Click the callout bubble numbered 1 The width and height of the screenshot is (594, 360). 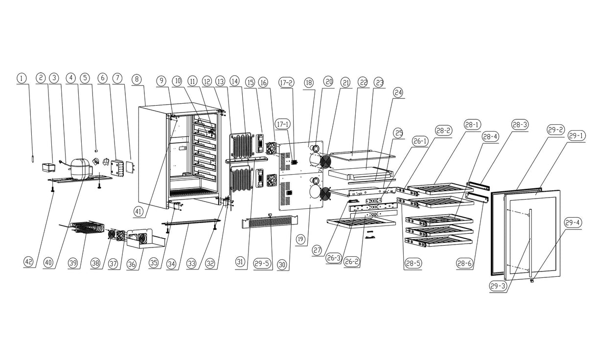(x=22, y=78)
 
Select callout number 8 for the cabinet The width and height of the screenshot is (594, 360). (x=137, y=79)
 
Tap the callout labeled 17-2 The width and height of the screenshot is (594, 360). (x=286, y=83)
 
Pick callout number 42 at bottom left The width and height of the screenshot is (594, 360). (x=29, y=262)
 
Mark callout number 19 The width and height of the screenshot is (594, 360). (x=300, y=240)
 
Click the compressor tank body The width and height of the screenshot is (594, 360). (x=80, y=168)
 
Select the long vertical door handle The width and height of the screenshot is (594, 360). (x=530, y=243)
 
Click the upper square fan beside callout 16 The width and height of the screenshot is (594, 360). (x=271, y=148)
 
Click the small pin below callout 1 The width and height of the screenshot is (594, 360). (x=33, y=159)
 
